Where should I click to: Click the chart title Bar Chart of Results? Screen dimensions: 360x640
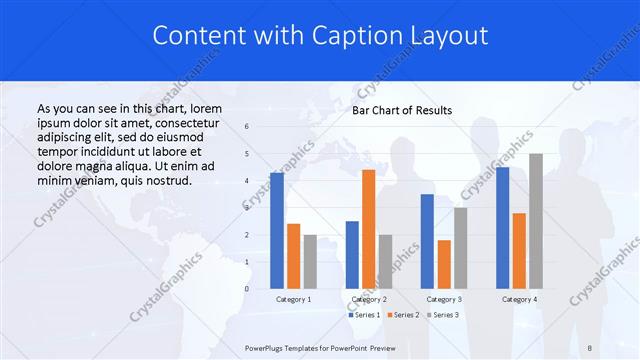[x=402, y=110]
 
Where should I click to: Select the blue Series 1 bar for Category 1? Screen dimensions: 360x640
[x=277, y=231]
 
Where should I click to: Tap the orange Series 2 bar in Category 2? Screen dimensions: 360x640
[x=368, y=229]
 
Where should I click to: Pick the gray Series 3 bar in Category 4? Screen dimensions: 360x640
[x=536, y=221]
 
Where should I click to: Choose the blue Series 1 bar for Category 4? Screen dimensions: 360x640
[x=502, y=228]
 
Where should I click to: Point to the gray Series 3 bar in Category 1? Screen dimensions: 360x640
[x=310, y=262]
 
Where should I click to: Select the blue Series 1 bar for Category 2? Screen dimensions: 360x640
[x=352, y=255]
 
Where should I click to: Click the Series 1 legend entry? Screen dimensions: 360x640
[x=364, y=315]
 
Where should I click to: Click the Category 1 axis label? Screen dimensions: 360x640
[x=293, y=299]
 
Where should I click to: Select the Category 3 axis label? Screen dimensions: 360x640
[x=444, y=299]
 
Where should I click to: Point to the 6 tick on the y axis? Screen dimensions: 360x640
[x=247, y=127]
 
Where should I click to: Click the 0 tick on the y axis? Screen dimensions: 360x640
[x=247, y=289]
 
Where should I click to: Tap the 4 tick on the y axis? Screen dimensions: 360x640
[x=247, y=181]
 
